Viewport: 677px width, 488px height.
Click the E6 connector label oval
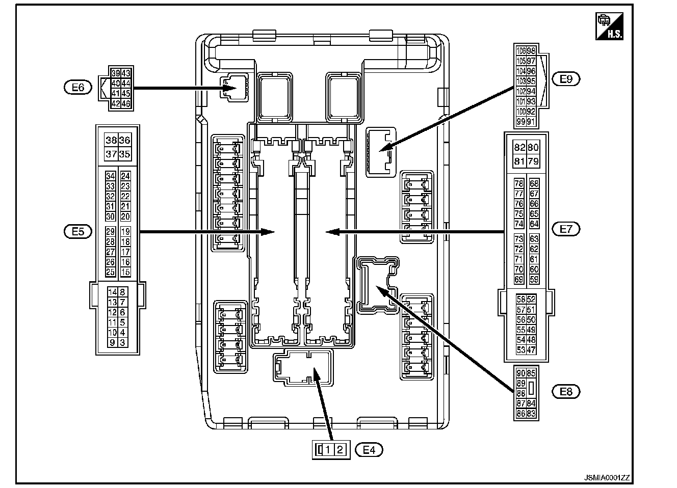[x=77, y=88]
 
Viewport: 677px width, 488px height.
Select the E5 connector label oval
[x=77, y=231]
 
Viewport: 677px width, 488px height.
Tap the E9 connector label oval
[x=566, y=79]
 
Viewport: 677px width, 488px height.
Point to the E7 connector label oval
[x=566, y=229]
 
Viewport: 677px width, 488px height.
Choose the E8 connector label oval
[x=566, y=391]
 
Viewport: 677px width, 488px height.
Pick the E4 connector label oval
[x=369, y=450]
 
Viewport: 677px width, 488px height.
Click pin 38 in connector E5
[x=111, y=141]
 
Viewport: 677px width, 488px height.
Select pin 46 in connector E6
[x=125, y=103]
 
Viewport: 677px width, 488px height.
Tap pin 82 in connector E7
[x=519, y=148]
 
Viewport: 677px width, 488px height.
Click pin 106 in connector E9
[x=521, y=51]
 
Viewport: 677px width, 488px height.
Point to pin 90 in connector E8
[x=520, y=373]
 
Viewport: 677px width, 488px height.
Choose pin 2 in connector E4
[x=341, y=450]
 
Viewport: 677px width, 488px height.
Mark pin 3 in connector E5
[x=123, y=343]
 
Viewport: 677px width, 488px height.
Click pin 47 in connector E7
[x=531, y=350]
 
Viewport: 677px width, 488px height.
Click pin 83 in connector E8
[x=531, y=414]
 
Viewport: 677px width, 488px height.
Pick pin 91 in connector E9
[x=531, y=122]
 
